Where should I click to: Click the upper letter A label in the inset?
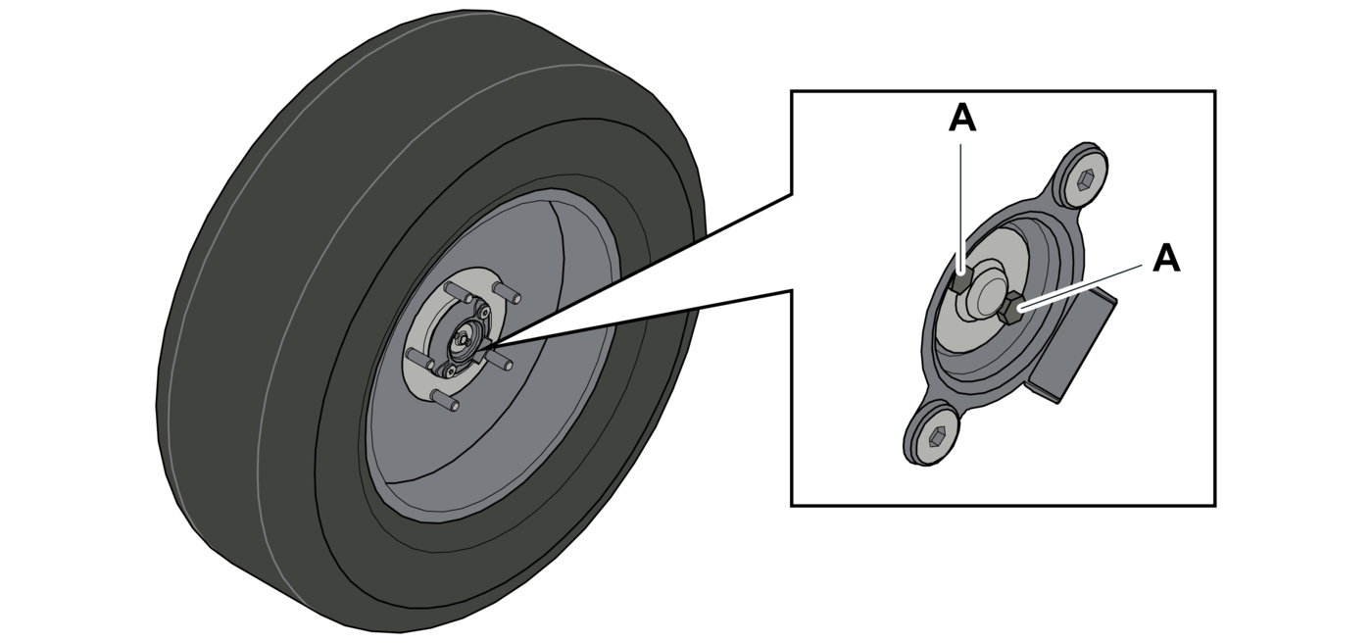[962, 119]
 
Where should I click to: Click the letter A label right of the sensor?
[1166, 259]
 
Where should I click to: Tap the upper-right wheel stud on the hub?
[510, 294]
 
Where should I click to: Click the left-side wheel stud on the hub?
[415, 356]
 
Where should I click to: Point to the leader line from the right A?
[1083, 285]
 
